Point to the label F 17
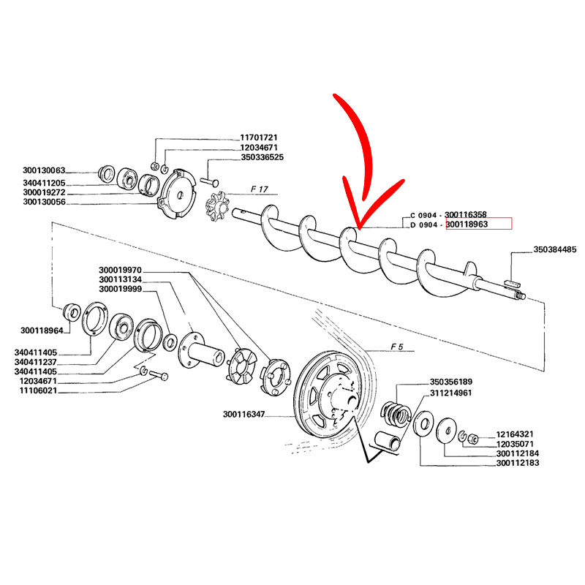click(259, 189)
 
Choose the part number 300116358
click(476, 214)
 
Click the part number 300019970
click(120, 270)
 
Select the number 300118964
click(42, 330)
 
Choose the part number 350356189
click(451, 382)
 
